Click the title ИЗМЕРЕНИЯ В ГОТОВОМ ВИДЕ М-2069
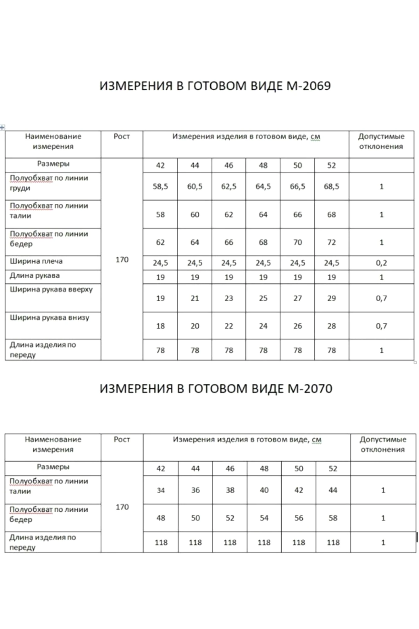(215, 86)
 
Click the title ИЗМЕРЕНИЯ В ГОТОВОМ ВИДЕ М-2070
(216, 389)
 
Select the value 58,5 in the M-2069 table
(160, 186)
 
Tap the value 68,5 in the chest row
(332, 186)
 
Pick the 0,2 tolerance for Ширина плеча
(381, 263)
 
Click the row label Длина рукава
(35, 276)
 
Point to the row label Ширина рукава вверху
(51, 289)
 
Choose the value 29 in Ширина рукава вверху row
(332, 298)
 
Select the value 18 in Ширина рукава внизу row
(160, 326)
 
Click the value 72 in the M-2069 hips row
(332, 242)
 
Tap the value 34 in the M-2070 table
(161, 490)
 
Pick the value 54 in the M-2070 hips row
(264, 518)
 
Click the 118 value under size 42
(161, 543)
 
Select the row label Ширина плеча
(36, 261)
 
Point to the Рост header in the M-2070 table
(122, 439)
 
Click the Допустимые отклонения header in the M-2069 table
(381, 142)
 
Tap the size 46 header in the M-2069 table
(229, 165)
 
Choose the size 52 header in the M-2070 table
(333, 469)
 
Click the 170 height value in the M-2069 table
(122, 260)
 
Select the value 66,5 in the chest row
(297, 186)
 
